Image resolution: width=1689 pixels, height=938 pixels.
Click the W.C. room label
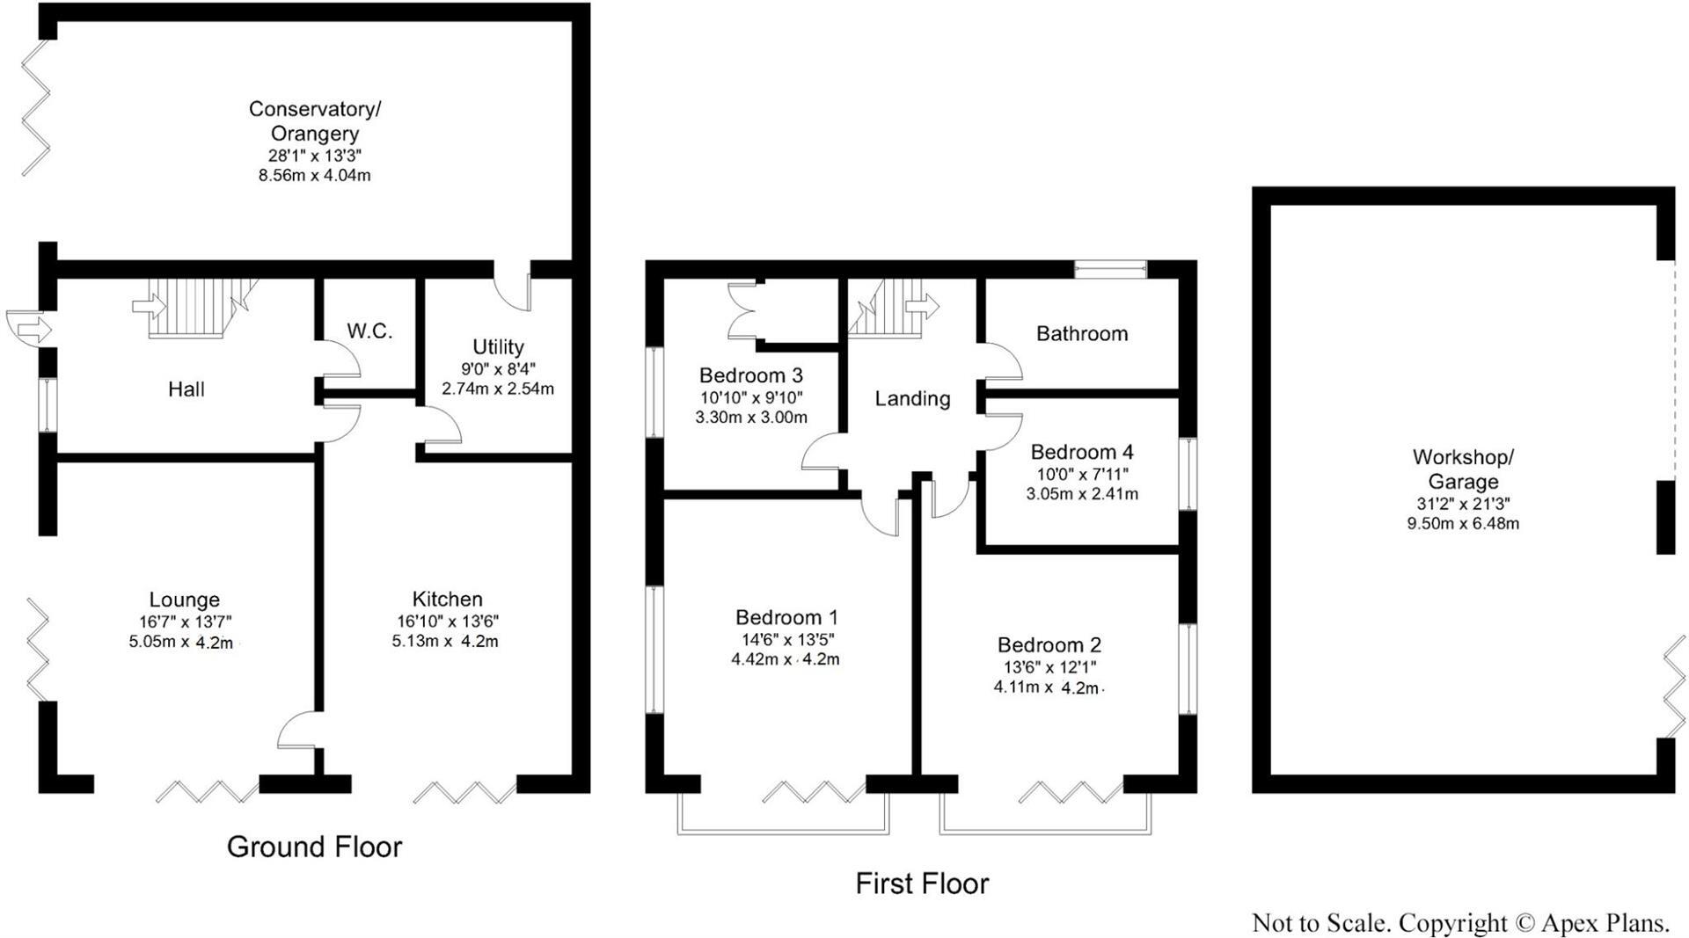(x=369, y=331)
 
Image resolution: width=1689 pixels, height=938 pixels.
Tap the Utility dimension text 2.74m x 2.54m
(x=498, y=389)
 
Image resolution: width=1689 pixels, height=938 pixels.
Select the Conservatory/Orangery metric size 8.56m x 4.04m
(x=314, y=176)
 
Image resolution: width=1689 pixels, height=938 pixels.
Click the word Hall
(x=186, y=389)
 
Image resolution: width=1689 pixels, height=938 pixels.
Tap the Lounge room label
(x=184, y=600)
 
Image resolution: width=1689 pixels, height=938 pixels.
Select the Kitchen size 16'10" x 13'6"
(x=447, y=621)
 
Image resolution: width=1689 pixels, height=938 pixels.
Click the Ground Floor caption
(x=314, y=847)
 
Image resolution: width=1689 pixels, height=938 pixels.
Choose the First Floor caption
(x=922, y=883)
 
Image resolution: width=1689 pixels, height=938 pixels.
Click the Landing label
(x=912, y=399)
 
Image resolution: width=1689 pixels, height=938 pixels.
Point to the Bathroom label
(x=1081, y=334)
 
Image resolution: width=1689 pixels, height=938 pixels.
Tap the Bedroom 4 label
(x=1081, y=452)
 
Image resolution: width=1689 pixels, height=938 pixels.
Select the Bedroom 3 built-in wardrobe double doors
(x=744, y=311)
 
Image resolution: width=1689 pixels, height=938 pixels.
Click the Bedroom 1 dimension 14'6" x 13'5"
(x=787, y=639)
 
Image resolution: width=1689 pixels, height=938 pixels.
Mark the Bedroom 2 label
(x=1049, y=644)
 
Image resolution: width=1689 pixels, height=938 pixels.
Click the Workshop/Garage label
(x=1462, y=469)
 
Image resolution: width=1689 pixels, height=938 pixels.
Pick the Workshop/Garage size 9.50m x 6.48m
(x=1462, y=524)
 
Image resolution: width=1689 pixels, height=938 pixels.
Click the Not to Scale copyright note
(x=1459, y=923)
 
